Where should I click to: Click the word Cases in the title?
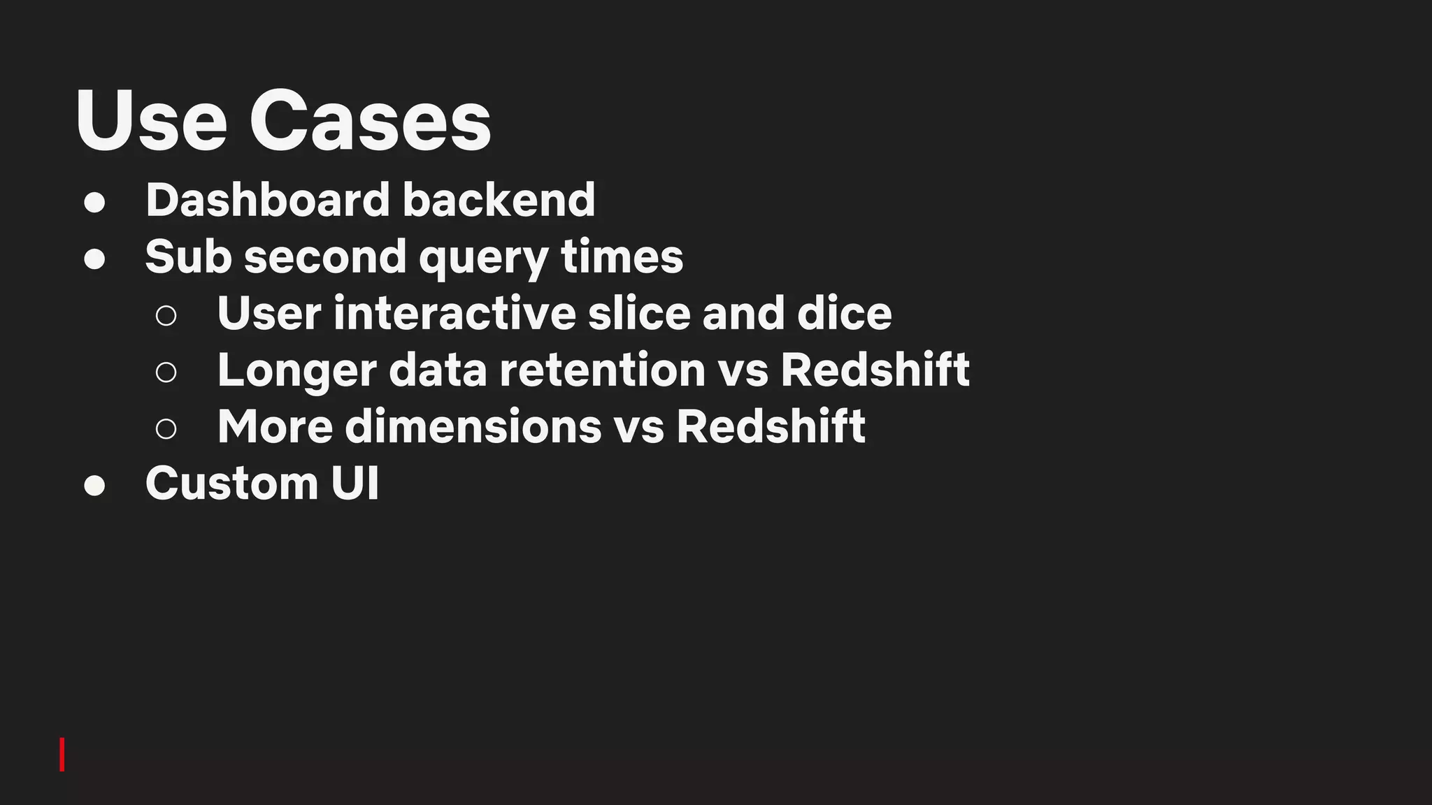coord(370,122)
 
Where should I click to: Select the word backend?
coord(499,200)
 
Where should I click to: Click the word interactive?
coord(454,313)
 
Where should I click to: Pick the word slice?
coord(639,313)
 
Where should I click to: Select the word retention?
coord(602,370)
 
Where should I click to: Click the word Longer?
coord(296,371)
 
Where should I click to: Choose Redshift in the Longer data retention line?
coord(875,370)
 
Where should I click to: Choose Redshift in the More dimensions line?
coord(771,426)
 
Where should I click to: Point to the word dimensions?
coord(473,426)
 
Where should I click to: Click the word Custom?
coord(231,483)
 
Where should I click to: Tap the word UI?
coord(355,483)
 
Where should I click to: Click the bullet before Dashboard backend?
coord(94,203)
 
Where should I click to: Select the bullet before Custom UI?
coord(94,486)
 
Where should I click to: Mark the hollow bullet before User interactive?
coord(166,316)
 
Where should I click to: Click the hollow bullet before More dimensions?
coord(166,429)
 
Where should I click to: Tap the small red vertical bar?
coord(62,754)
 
